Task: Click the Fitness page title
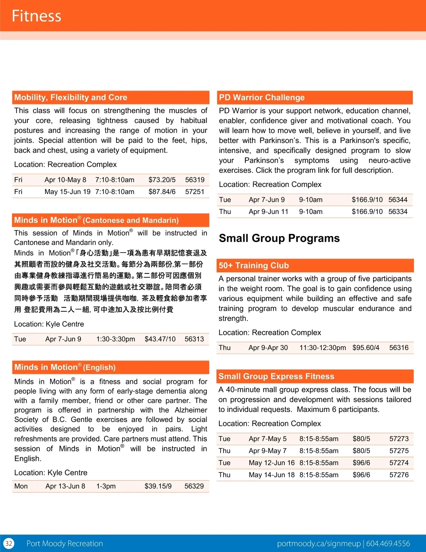37,16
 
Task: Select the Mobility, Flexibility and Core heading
71,97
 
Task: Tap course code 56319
195,180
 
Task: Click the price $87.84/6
162,192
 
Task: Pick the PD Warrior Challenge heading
262,97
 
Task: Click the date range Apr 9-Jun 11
268,212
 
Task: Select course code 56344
398,200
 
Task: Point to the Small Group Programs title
279,238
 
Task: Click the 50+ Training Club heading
253,266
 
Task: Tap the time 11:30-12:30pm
322,348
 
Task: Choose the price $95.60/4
366,348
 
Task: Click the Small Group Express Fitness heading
276,376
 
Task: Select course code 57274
399,463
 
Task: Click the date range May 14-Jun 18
272,475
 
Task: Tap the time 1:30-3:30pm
116,339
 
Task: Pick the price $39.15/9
158,486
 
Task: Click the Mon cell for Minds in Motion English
21,486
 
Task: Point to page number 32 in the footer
9,543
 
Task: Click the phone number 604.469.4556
388,543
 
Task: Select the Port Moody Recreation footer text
65,543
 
